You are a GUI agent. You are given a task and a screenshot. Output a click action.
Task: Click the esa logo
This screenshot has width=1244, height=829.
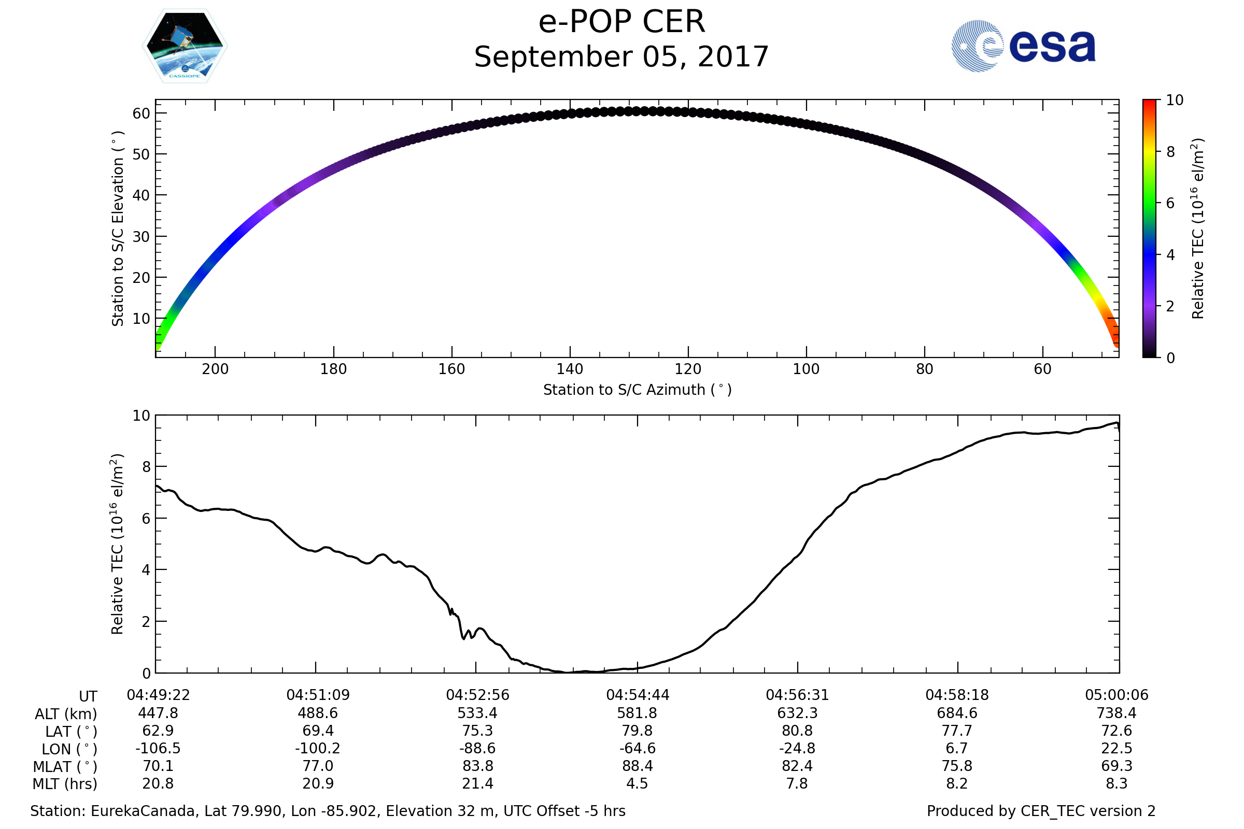click(1023, 46)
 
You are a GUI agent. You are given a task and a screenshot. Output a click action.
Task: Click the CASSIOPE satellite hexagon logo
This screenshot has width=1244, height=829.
click(185, 46)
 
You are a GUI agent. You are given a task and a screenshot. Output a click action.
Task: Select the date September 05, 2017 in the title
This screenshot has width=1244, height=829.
click(621, 57)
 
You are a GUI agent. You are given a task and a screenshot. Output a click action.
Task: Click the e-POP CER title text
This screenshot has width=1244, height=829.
click(621, 22)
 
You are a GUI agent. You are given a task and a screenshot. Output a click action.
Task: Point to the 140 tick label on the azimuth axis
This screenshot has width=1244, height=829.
click(570, 369)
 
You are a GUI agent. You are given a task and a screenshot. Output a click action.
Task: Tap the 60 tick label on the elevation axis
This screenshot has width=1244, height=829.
click(141, 113)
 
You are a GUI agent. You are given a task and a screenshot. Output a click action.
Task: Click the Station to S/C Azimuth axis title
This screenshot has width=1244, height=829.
click(638, 390)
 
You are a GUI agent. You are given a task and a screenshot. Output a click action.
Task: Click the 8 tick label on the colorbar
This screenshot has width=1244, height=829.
click(1170, 152)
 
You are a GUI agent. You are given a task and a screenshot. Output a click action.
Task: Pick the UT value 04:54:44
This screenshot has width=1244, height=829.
click(638, 695)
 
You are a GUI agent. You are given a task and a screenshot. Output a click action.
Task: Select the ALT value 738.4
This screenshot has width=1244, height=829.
click(1116, 713)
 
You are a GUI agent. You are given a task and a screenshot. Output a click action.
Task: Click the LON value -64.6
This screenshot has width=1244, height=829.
click(638, 749)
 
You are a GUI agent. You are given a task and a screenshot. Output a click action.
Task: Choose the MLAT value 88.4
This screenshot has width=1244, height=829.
click(638, 766)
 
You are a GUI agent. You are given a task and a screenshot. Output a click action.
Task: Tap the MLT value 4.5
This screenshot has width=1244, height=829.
click(638, 783)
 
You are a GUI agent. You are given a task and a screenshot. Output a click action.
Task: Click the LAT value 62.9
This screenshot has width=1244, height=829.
click(158, 731)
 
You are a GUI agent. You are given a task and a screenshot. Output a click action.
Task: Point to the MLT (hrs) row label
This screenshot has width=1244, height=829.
click(65, 784)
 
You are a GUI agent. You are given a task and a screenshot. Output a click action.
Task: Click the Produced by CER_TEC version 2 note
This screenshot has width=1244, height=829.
click(1041, 811)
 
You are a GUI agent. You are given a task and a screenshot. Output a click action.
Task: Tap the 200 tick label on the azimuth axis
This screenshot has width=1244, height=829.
click(215, 369)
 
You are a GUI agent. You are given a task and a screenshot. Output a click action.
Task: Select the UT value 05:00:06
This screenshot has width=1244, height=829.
click(1116, 695)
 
